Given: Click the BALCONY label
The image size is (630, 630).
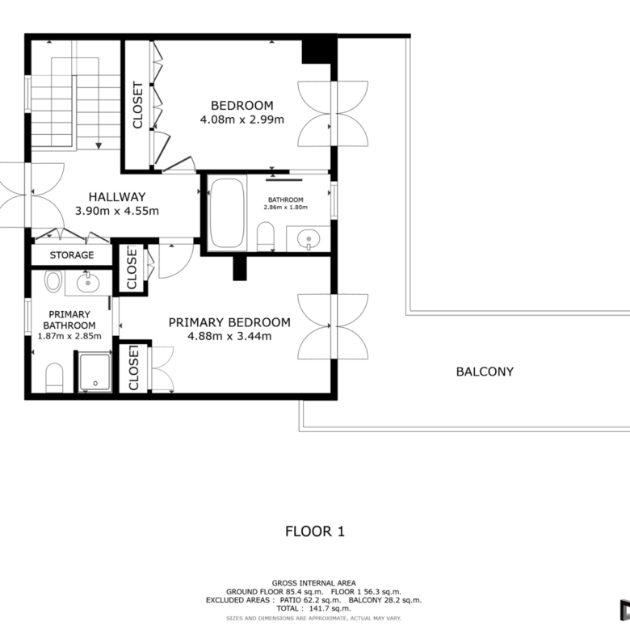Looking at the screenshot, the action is [x=485, y=372].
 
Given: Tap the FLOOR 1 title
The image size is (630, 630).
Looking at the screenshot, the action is [x=315, y=531].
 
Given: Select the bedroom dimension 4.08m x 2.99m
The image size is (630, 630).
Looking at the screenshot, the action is [x=241, y=120].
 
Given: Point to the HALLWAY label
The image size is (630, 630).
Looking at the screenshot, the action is [x=117, y=197].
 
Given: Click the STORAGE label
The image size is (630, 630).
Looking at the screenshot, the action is [x=72, y=255].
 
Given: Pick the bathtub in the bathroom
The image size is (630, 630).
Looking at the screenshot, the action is [x=227, y=212].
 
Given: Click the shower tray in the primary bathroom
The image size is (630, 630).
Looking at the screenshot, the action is [x=94, y=372].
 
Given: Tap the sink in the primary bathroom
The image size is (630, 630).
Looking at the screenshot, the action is [x=87, y=283].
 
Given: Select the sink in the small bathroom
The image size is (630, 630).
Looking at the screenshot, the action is [x=309, y=238].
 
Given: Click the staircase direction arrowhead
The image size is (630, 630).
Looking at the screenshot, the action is [x=99, y=146].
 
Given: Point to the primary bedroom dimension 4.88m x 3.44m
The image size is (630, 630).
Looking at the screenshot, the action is [x=229, y=336].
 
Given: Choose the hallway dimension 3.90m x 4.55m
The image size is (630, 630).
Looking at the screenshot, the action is [x=117, y=211].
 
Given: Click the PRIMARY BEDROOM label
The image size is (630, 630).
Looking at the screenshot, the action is [x=229, y=322].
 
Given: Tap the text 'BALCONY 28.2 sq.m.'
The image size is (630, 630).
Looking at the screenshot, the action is [x=385, y=600].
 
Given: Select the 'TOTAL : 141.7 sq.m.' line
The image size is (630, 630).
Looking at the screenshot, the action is [x=313, y=609].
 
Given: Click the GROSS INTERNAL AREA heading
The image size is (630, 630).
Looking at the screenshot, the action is [x=314, y=583].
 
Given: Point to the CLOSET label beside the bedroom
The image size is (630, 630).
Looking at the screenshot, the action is [x=137, y=105].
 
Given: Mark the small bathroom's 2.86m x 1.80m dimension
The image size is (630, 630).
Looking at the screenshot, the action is [x=286, y=208].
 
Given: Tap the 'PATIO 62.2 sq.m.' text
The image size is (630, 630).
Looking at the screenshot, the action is [x=311, y=600].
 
